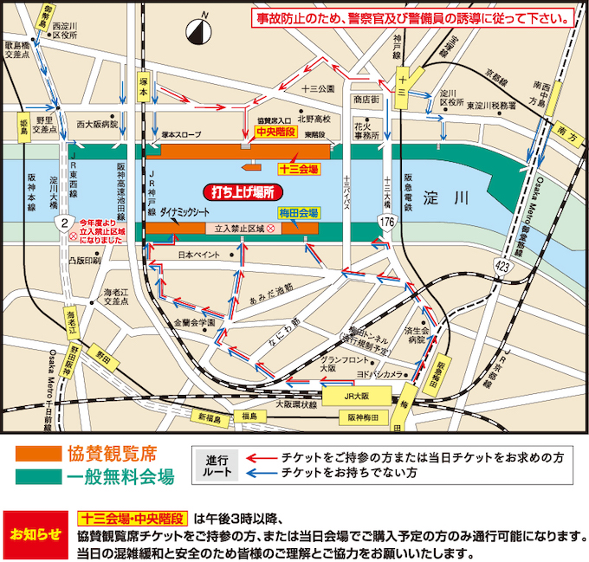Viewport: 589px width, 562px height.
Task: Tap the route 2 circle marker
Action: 63,223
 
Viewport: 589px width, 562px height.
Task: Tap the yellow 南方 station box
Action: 566,128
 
